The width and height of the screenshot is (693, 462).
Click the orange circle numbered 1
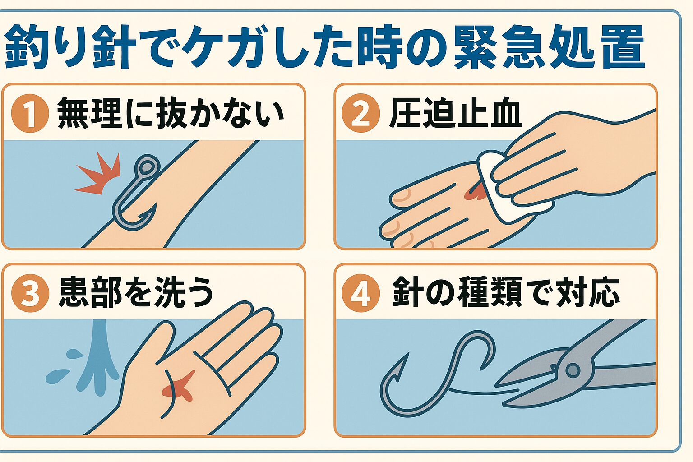[30, 113]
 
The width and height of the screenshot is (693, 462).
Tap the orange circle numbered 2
[361, 113]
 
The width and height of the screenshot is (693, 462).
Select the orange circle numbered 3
[30, 293]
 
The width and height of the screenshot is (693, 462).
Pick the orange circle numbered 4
[361, 293]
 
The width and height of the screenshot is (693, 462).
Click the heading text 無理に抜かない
[171, 113]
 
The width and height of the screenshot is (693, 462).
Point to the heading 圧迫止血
[455, 113]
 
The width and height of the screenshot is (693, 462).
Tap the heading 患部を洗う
[136, 292]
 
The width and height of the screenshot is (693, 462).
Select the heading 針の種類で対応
[505, 292]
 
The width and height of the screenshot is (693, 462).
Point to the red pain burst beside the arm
[98, 173]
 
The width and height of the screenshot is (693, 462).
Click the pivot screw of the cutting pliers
[573, 370]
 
